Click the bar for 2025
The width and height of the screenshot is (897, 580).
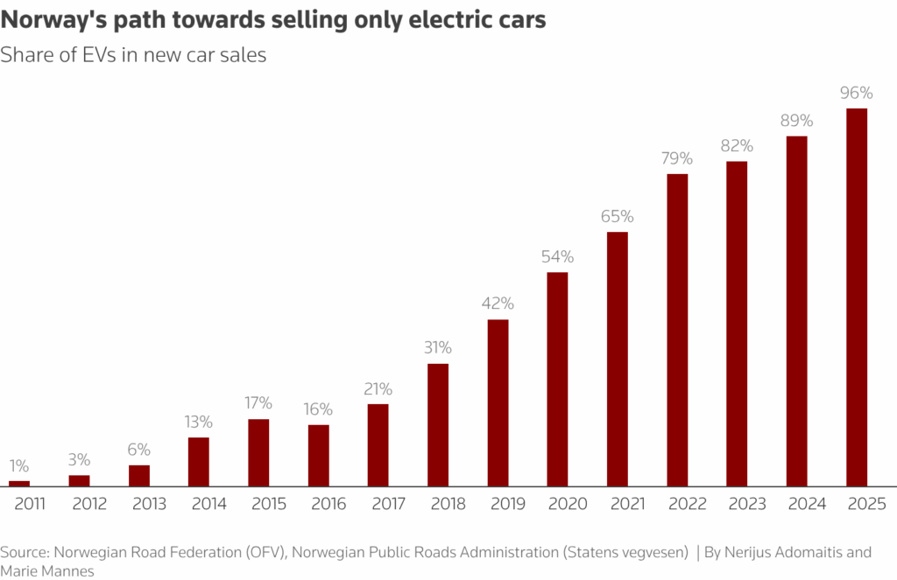pyautogui.click(x=856, y=297)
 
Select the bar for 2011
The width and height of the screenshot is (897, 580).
pyautogui.click(x=19, y=483)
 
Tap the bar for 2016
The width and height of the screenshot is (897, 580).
pyautogui.click(x=318, y=455)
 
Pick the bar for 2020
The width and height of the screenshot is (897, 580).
pyautogui.click(x=557, y=379)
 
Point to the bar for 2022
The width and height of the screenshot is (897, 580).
pyautogui.click(x=677, y=330)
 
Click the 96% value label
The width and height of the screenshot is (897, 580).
pyautogui.click(x=856, y=93)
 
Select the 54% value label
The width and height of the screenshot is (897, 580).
pyautogui.click(x=557, y=256)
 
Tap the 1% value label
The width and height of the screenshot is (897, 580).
pyautogui.click(x=19, y=465)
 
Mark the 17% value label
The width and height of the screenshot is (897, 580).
pyautogui.click(x=258, y=403)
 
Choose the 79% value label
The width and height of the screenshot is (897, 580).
pyautogui.click(x=677, y=158)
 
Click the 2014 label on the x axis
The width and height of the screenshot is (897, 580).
pyautogui.click(x=199, y=504)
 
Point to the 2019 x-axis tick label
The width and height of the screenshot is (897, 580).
pyautogui.click(x=498, y=504)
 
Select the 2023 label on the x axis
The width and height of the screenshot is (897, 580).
pyautogui.click(x=737, y=504)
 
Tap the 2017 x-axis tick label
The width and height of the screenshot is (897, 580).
pyautogui.click(x=378, y=504)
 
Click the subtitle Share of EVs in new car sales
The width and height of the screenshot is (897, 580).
pyautogui.click(x=133, y=54)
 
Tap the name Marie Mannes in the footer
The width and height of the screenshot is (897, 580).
pyautogui.click(x=47, y=570)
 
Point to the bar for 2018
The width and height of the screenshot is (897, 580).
pyautogui.click(x=438, y=424)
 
